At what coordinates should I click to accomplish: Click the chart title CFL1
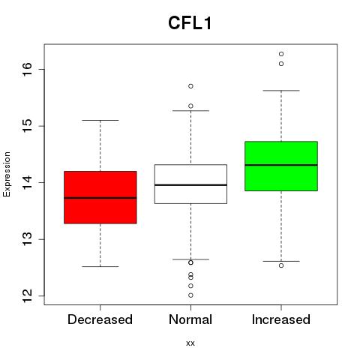[190, 23]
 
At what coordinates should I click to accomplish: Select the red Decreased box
[100, 197]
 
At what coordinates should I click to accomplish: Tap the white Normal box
[190, 184]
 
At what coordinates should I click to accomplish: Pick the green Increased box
[281, 166]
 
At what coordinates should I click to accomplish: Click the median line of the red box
[100, 198]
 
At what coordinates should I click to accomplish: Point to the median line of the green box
[281, 165]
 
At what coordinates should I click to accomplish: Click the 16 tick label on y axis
[28, 69]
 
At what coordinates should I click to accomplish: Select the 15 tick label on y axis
[28, 126]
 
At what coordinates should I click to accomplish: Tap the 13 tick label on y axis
[28, 239]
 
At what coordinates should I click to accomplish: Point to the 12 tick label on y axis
[28, 296]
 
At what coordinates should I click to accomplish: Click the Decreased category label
[100, 319]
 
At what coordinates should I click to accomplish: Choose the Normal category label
[190, 319]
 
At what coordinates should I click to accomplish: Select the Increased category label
[281, 319]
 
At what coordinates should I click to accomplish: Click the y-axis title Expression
[7, 174]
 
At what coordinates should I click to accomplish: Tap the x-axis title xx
[190, 343]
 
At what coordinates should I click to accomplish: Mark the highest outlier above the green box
[281, 54]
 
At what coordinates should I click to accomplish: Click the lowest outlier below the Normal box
[190, 295]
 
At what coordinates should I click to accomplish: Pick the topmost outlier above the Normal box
[190, 86]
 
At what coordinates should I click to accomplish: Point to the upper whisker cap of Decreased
[100, 121]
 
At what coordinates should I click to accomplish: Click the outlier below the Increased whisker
[281, 265]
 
